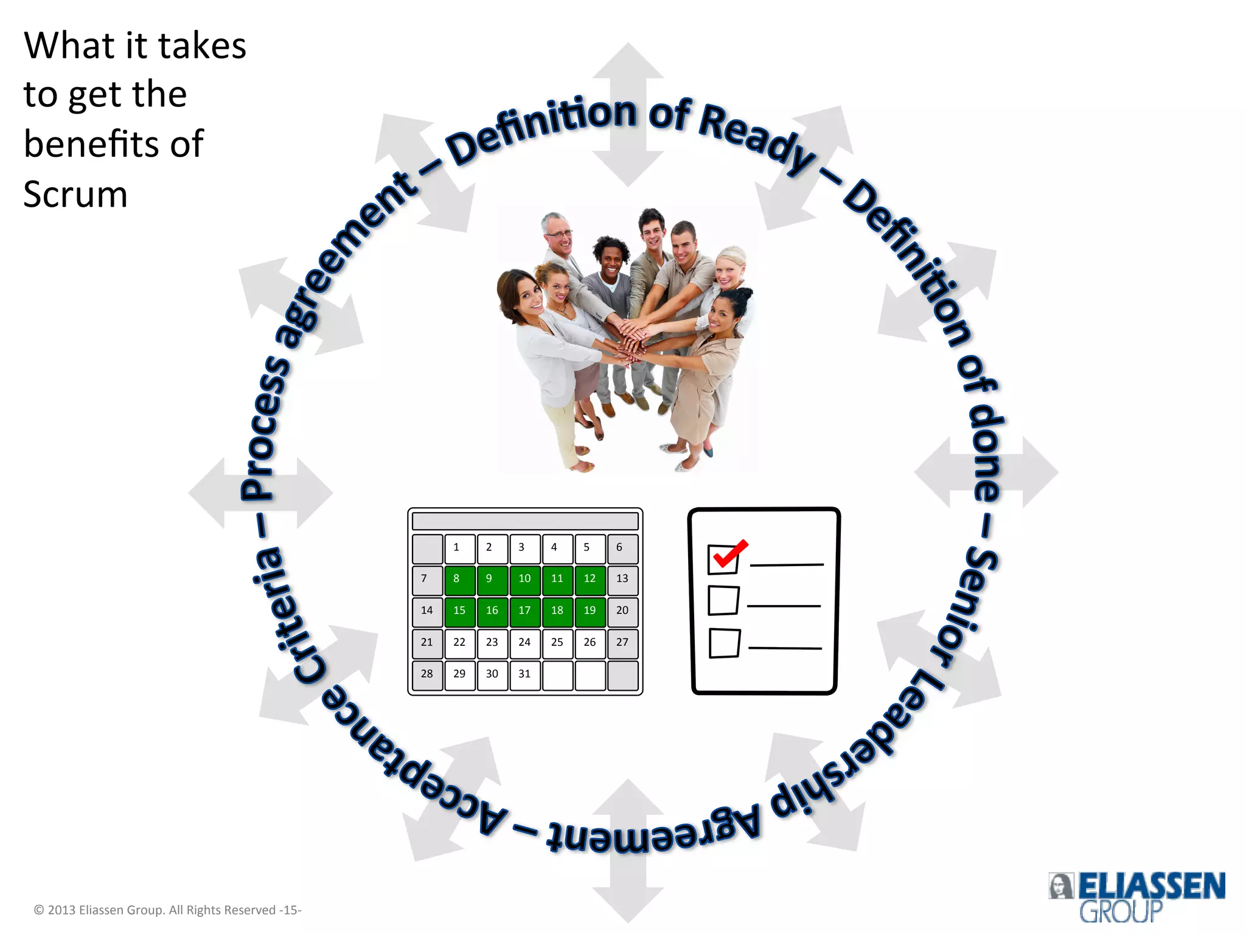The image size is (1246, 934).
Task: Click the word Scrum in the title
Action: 75,195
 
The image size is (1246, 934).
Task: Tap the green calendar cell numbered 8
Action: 459,579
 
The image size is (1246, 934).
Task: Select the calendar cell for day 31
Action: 524,674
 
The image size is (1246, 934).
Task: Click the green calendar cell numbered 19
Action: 590,611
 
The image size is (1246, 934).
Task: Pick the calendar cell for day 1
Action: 459,548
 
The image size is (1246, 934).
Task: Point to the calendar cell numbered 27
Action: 622,643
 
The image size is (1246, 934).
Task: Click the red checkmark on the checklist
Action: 729,553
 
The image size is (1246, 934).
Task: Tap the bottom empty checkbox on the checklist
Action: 724,643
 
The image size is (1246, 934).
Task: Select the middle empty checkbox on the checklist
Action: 723,601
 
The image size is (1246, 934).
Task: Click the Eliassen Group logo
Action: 1135,895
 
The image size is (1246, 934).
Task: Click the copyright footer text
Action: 167,910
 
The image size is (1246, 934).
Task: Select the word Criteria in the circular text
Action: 285,614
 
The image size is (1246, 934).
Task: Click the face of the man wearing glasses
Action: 557,234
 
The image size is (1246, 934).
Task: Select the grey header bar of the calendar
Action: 524,521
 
